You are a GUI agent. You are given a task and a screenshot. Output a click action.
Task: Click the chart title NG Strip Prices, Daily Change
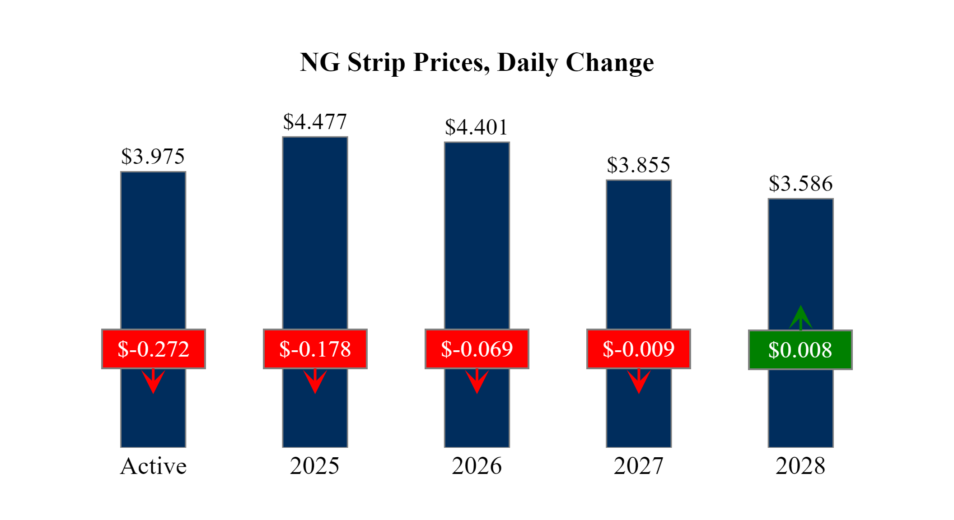point(477,62)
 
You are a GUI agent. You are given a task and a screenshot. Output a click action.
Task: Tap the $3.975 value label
point(153,157)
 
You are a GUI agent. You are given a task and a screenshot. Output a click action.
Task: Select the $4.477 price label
point(315,122)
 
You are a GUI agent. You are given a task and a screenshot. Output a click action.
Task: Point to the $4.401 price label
point(477,127)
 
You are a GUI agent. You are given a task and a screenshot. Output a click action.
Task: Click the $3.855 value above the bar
point(638,165)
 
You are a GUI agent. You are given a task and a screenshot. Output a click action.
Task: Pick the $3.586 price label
point(800,184)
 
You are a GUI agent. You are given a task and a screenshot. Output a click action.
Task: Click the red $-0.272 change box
point(153,349)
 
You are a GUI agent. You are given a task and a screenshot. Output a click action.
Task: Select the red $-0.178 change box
point(315,349)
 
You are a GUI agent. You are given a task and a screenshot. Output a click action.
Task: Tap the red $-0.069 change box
point(477,349)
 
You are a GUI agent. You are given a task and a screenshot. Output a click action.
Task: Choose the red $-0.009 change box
point(638,349)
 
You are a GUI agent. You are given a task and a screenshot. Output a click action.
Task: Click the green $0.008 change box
point(800,350)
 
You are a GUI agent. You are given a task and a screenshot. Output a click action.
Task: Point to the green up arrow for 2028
point(800,318)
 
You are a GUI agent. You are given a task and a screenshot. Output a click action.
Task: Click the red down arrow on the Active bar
point(153,381)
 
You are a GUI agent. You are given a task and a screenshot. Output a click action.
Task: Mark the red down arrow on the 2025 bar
point(315,381)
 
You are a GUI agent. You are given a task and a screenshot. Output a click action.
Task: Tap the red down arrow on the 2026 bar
point(477,381)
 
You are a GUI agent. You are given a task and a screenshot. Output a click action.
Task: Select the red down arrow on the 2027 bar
point(638,381)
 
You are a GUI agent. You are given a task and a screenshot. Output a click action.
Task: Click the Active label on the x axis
point(153,466)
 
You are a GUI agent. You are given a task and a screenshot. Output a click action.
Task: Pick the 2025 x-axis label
point(314,466)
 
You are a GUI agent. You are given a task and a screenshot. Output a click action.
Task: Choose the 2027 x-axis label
point(638,466)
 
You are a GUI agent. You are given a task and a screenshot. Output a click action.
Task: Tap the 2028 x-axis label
point(800,466)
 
